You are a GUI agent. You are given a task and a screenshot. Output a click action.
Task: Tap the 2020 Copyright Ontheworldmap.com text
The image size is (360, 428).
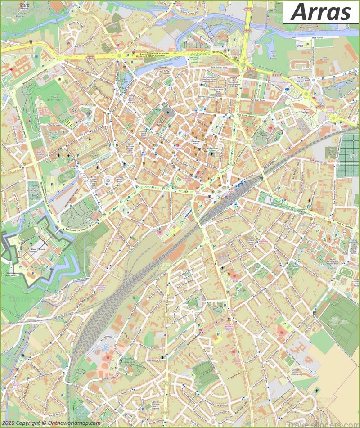click(50, 423)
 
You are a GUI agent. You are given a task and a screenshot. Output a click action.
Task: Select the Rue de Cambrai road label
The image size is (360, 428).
click(346, 224)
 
